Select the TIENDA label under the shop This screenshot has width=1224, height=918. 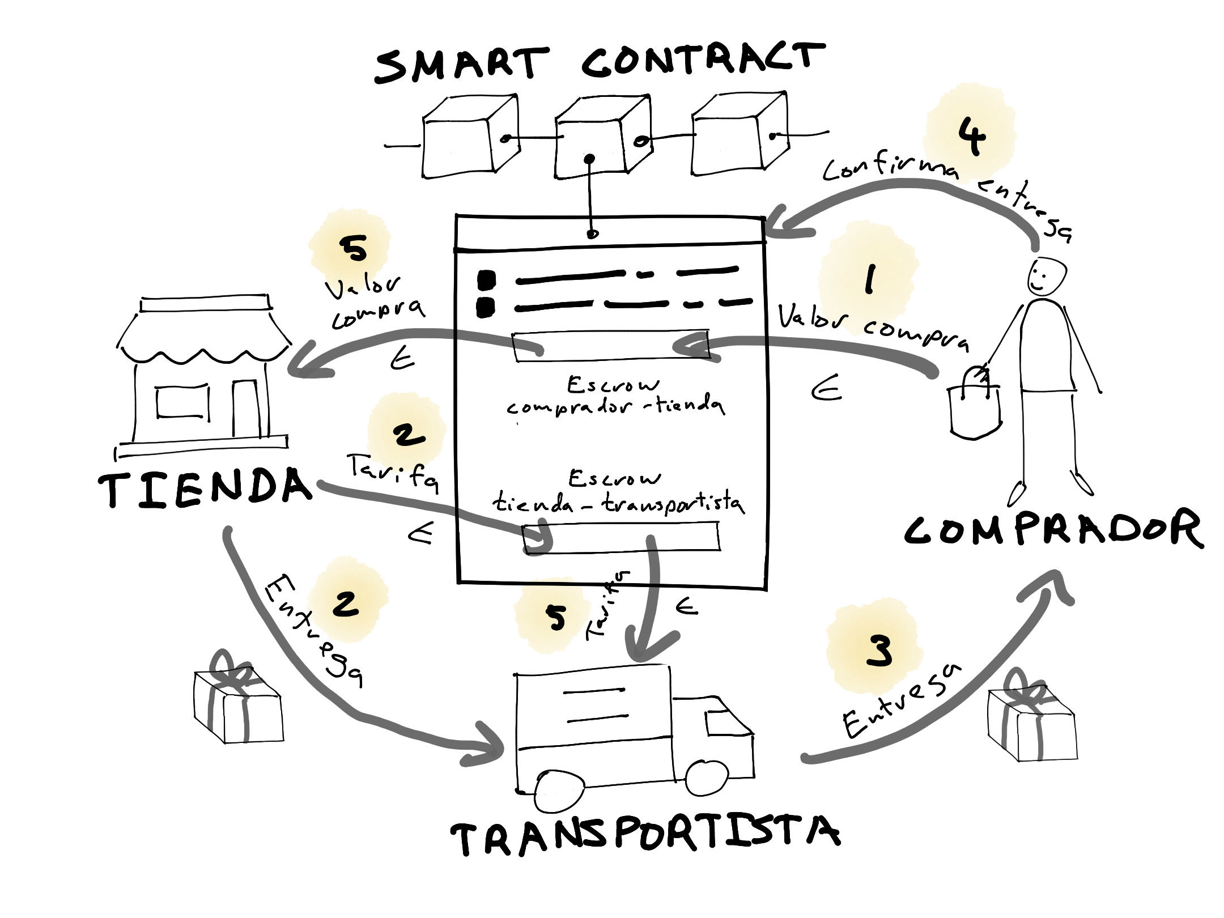[205, 487]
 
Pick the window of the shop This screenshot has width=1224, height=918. [182, 402]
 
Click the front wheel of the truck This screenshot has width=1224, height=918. [707, 777]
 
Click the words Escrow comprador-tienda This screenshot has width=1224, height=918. [615, 396]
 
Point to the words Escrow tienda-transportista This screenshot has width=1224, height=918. [618, 491]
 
